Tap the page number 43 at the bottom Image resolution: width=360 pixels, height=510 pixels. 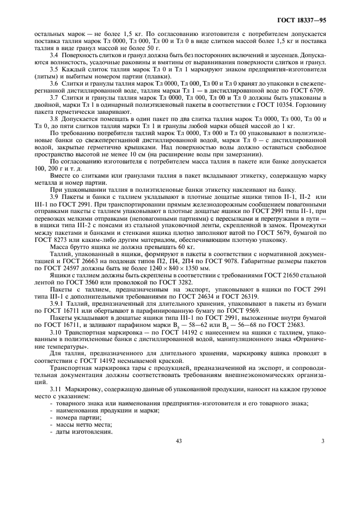pyautogui.click(x=178, y=441)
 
